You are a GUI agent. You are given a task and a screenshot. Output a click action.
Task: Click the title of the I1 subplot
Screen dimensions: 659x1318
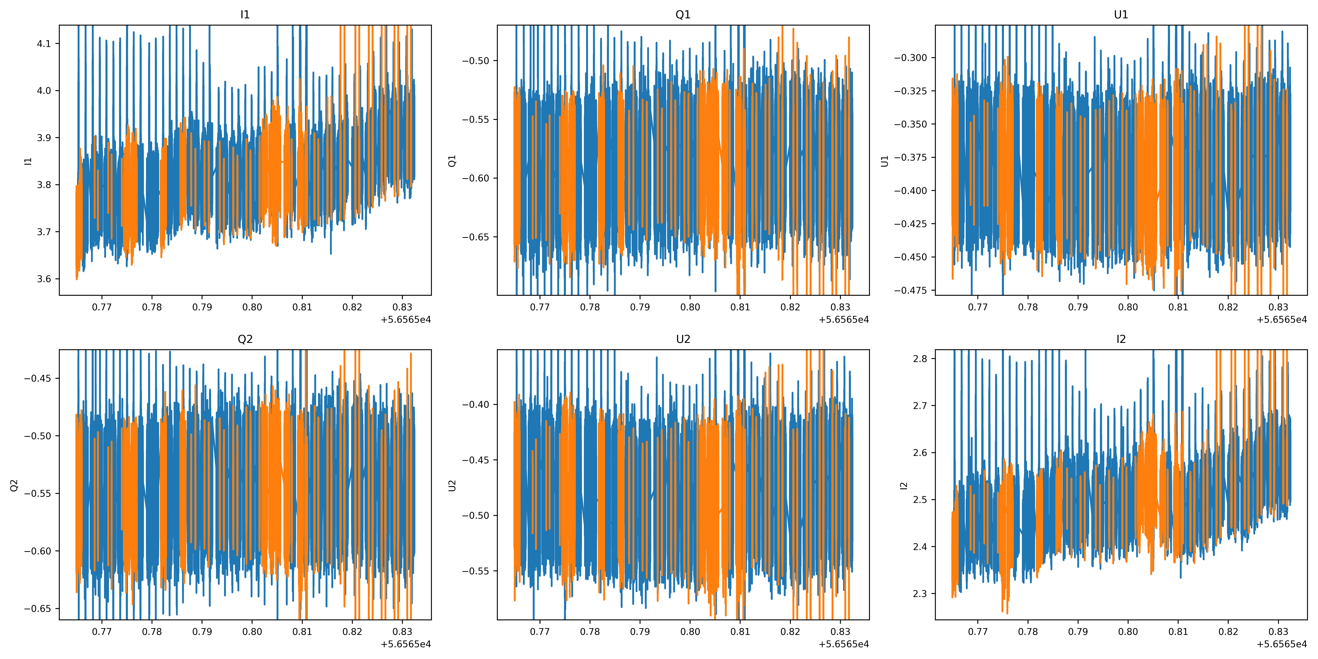click(245, 14)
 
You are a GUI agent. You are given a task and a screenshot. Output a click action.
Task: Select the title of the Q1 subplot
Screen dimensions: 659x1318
click(683, 14)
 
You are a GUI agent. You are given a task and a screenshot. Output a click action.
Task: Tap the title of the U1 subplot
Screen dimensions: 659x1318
click(1121, 14)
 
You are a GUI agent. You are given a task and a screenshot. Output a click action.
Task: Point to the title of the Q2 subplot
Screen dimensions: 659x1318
click(245, 339)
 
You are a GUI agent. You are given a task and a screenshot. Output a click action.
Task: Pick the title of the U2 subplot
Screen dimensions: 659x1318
click(683, 339)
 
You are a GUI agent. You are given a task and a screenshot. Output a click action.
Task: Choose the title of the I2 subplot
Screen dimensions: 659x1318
click(1121, 339)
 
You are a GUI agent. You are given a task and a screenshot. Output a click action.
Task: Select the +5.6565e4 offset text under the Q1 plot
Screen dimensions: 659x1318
click(844, 320)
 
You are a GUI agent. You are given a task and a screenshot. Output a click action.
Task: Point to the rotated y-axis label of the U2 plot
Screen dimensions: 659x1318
click(452, 485)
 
